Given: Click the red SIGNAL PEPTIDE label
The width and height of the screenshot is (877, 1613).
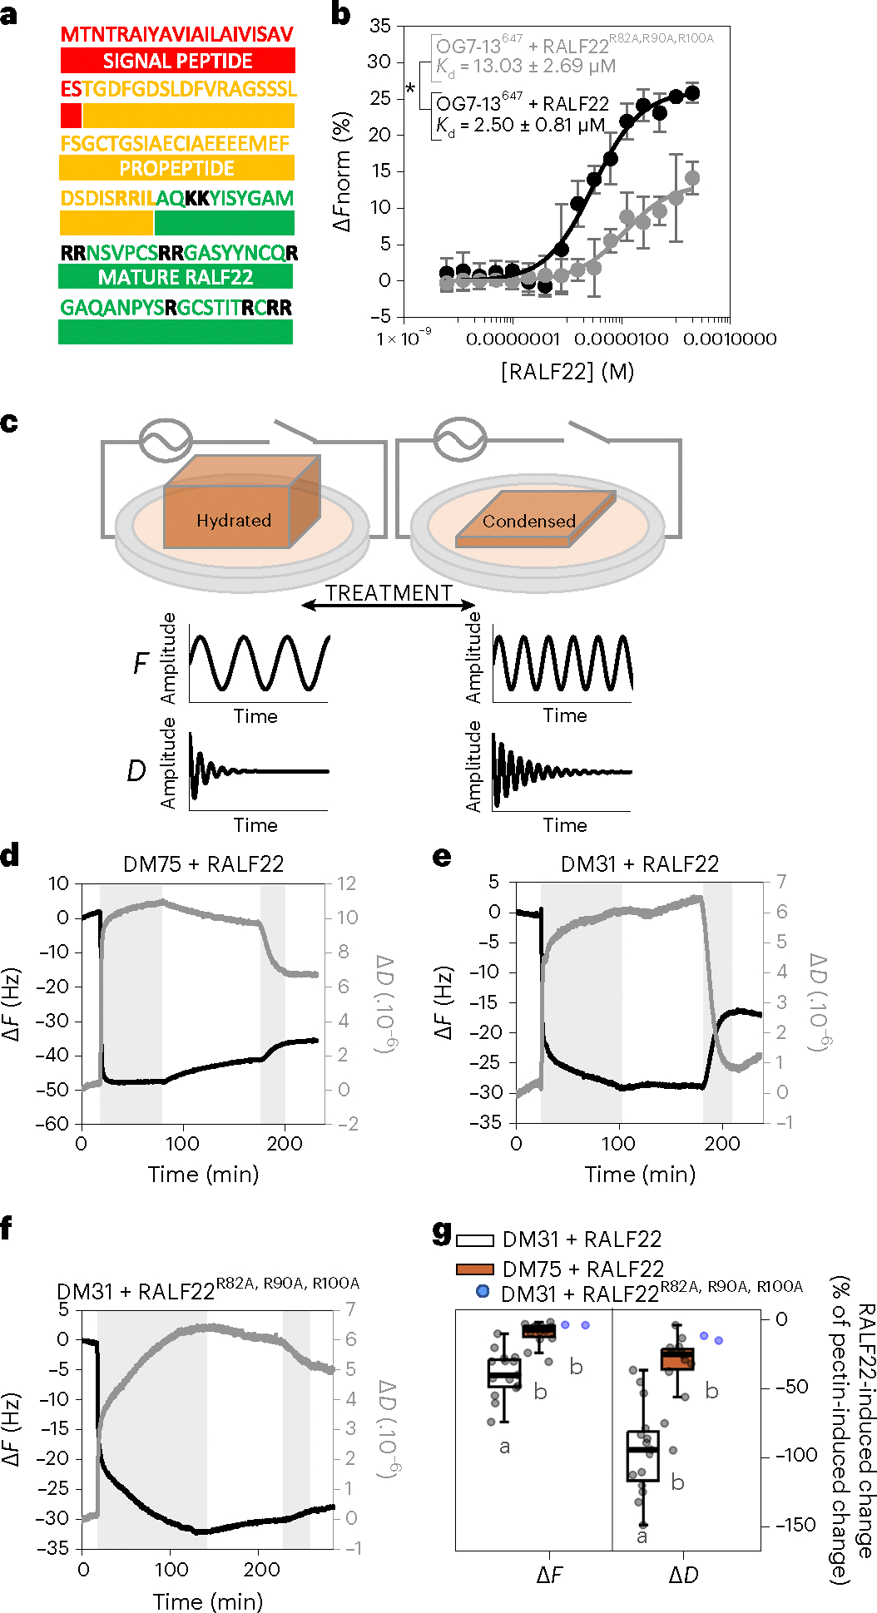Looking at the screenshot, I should tap(177, 61).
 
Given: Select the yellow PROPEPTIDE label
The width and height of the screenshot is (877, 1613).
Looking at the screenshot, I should tap(176, 169).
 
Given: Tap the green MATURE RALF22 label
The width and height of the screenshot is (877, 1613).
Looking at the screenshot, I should tap(176, 277).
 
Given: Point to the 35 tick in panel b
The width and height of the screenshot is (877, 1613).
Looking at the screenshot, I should tap(380, 26).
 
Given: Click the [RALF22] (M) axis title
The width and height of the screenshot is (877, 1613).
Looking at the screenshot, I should tap(567, 372).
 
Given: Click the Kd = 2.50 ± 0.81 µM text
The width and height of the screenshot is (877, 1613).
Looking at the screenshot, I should tap(521, 126).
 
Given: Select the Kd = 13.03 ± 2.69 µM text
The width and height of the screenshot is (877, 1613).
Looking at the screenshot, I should tap(526, 66).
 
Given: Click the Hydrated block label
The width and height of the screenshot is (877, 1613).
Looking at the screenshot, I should tap(234, 521).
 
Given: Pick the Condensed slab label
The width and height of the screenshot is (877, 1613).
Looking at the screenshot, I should tap(529, 522).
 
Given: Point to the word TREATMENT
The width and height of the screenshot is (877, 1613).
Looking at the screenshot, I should tap(389, 593).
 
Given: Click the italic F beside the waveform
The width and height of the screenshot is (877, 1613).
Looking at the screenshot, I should tap(141, 663).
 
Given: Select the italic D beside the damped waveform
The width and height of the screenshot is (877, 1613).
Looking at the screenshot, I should tap(136, 771).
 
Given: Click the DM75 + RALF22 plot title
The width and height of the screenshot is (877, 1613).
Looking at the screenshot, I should tap(203, 864).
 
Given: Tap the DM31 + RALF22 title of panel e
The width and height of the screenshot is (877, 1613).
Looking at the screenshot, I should tap(639, 864).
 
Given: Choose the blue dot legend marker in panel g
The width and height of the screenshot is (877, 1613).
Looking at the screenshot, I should tap(482, 1292).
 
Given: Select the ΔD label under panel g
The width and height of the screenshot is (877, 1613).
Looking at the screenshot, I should tap(684, 1576).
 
